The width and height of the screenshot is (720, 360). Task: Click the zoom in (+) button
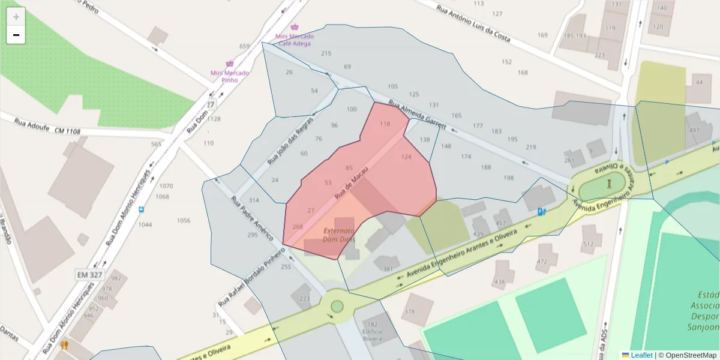click(16, 16)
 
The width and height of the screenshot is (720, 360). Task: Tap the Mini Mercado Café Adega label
click(294, 40)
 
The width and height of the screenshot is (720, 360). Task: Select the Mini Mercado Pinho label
click(229, 76)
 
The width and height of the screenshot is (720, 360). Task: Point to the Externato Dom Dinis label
click(339, 235)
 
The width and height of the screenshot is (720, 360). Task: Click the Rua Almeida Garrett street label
click(418, 114)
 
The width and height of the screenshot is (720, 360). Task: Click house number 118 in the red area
click(385, 124)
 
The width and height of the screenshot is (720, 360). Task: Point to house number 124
click(406, 157)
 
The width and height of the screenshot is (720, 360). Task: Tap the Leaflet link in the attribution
click(641, 355)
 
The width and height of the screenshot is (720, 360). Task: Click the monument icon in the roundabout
click(609, 184)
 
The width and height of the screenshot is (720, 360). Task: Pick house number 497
click(694, 130)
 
